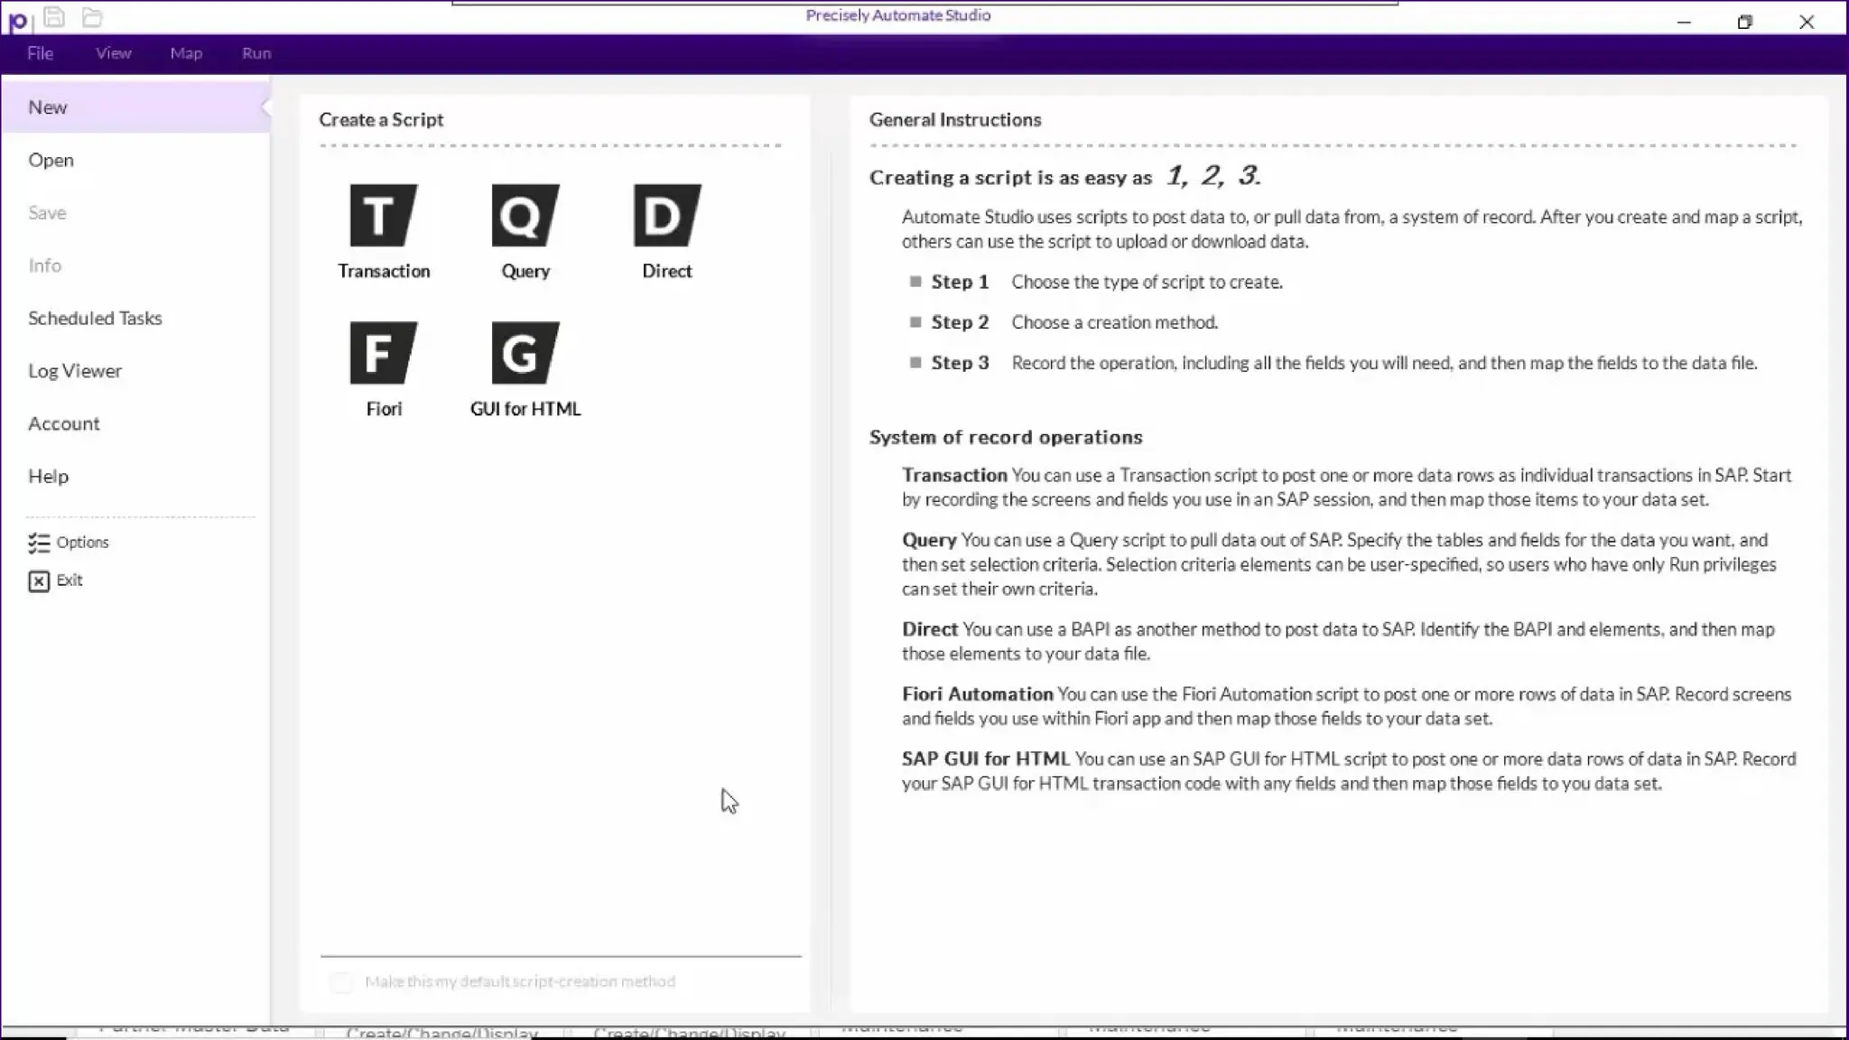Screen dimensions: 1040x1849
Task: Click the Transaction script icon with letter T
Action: tap(383, 215)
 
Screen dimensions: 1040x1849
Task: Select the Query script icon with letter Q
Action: tap(525, 215)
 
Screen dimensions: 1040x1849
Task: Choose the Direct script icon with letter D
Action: tap(666, 215)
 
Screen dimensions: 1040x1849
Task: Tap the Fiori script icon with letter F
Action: tap(383, 353)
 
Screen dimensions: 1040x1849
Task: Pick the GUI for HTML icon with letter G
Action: tap(525, 353)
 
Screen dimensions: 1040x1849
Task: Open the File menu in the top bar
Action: tap(40, 53)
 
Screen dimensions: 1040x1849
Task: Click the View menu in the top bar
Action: tap(114, 53)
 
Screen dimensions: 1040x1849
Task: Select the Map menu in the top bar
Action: tap(186, 53)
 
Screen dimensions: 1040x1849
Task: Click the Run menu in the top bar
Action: tap(256, 53)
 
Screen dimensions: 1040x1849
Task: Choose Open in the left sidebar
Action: tap(51, 160)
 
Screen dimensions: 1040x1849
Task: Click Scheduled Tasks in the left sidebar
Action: tap(95, 318)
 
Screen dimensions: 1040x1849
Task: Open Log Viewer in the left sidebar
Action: tap(75, 371)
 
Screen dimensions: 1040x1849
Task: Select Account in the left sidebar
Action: tap(63, 423)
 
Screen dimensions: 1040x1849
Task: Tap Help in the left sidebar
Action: tap(48, 476)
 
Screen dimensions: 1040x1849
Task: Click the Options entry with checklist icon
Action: tap(69, 543)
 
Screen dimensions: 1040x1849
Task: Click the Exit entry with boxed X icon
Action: tap(55, 580)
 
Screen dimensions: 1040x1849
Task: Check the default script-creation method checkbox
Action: tap(341, 982)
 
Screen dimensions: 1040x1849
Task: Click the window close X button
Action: tap(1806, 22)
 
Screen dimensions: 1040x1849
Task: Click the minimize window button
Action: tap(1684, 22)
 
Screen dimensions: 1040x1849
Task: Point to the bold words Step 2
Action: tap(960, 322)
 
